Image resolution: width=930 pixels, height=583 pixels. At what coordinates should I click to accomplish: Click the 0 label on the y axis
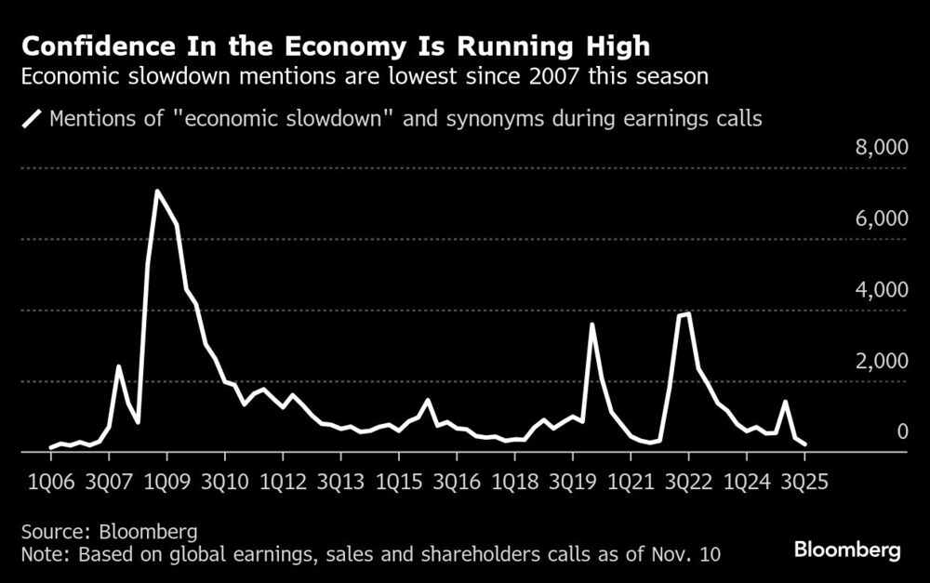pyautogui.click(x=899, y=431)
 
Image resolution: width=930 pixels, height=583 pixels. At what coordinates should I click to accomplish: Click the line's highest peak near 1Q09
pyautogui.click(x=157, y=192)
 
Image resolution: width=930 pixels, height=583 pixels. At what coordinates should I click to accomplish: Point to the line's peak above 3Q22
pyautogui.click(x=687, y=314)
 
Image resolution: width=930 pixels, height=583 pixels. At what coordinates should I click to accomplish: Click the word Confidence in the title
pyautogui.click(x=89, y=46)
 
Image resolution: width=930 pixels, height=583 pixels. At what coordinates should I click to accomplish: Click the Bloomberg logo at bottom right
pyautogui.click(x=847, y=550)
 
